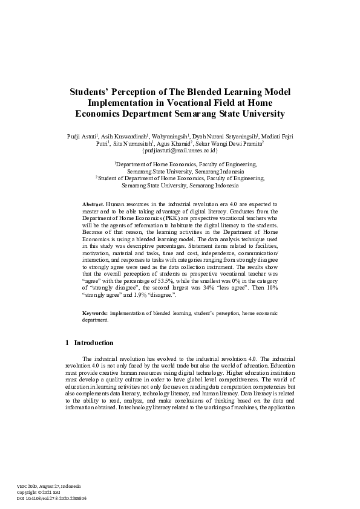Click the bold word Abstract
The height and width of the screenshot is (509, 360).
tap(93, 206)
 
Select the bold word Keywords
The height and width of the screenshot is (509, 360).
tap(95, 313)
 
